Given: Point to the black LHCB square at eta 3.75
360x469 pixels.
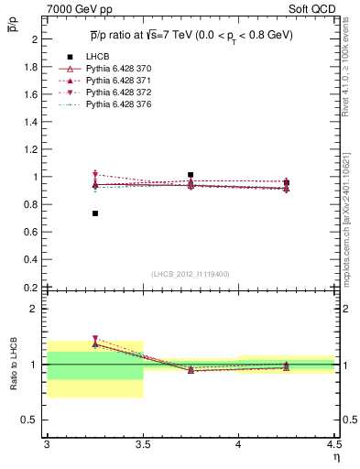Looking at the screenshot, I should [191, 174].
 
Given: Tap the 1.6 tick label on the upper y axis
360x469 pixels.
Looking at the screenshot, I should [32, 94].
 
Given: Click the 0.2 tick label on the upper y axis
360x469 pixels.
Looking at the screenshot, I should [32, 287].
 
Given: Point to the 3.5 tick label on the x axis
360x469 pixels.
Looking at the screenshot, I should [143, 445].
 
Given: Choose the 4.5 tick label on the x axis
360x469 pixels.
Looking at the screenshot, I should [333, 445].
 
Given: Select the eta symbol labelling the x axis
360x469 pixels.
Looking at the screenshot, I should [335, 457].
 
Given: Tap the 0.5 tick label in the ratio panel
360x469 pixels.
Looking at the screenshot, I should [32, 420].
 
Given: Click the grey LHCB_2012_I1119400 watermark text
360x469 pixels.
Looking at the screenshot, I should [191, 274].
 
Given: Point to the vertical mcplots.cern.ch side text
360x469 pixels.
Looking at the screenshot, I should [351, 211].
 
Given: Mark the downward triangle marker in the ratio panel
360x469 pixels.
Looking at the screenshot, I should [95, 339].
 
